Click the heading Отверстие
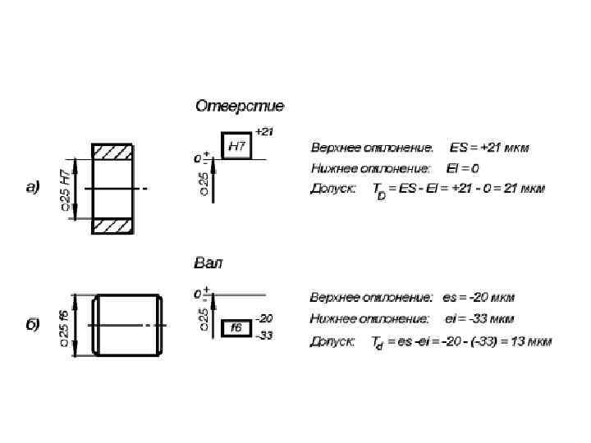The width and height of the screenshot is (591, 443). pos(240,106)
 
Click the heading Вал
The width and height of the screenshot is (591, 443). pos(208,263)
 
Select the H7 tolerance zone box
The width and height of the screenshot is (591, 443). pos(236,146)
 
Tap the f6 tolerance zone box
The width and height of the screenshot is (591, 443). pos(236,327)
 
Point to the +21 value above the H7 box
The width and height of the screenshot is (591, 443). pos(263,131)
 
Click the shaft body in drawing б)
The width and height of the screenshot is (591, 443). pos(127,325)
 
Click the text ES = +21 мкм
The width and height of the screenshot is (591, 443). pos(489,148)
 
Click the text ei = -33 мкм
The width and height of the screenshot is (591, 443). pos(479,318)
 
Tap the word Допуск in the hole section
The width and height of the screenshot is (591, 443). pos(332,189)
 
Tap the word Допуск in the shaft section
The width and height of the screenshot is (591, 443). pos(332,340)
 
